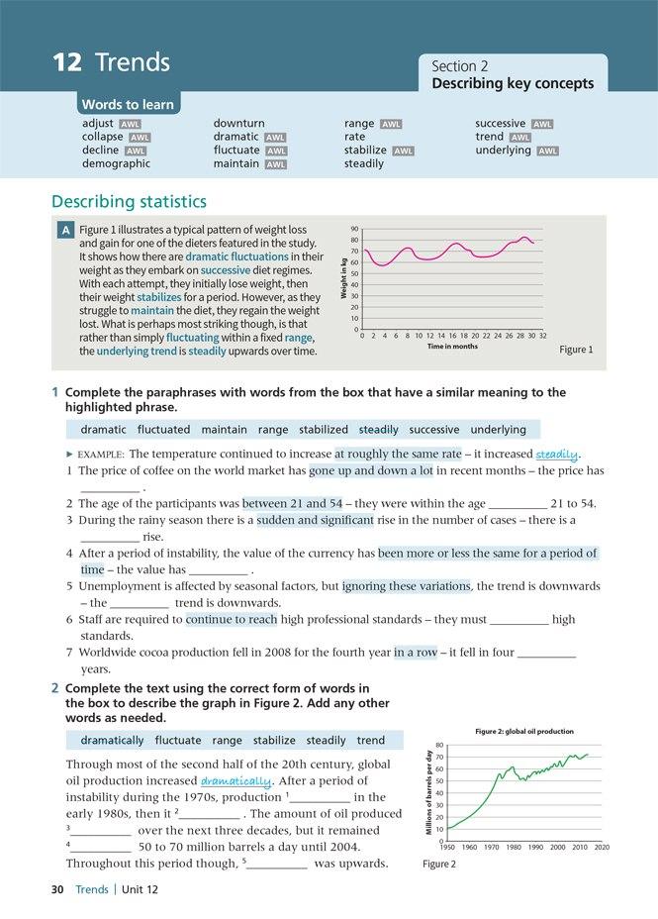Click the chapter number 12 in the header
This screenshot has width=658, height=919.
pyautogui.click(x=66, y=63)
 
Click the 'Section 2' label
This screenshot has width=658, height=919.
pyautogui.click(x=459, y=65)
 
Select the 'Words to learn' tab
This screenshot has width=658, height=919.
pyautogui.click(x=128, y=104)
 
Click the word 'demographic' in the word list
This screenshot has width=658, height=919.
pyautogui.click(x=116, y=164)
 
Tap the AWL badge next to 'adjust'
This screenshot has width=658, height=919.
pyautogui.click(x=130, y=125)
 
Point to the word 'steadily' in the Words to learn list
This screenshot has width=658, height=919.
pyautogui.click(x=364, y=164)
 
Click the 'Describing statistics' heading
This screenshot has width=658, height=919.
pyautogui.click(x=129, y=202)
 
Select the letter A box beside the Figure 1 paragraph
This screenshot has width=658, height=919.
pyautogui.click(x=65, y=230)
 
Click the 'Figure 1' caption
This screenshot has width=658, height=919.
pyautogui.click(x=576, y=350)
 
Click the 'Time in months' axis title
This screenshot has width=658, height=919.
pyautogui.click(x=452, y=347)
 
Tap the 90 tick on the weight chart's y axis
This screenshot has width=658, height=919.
pyautogui.click(x=354, y=229)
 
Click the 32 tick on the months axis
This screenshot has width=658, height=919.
pyautogui.click(x=543, y=336)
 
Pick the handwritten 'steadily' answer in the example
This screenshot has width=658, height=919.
pyautogui.click(x=556, y=455)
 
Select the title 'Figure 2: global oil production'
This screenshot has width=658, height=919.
pyautogui.click(x=523, y=731)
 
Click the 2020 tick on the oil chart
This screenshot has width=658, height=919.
pyautogui.click(x=603, y=848)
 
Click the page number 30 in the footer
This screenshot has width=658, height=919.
pyautogui.click(x=57, y=889)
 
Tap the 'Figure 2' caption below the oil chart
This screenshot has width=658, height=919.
pyautogui.click(x=439, y=865)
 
